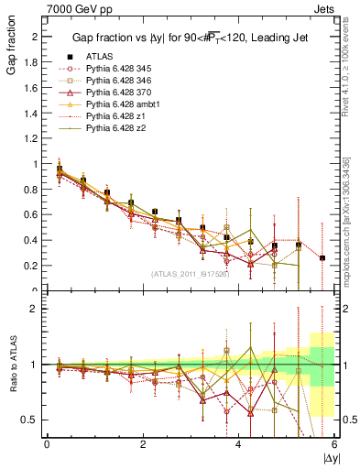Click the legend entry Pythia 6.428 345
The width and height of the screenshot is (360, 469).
click(x=116, y=68)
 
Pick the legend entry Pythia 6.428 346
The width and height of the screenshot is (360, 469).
click(x=116, y=80)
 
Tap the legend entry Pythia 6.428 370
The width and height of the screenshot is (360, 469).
click(x=116, y=92)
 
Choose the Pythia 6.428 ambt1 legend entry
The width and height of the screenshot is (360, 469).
click(x=119, y=104)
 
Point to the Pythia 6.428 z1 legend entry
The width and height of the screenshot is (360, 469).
click(x=114, y=115)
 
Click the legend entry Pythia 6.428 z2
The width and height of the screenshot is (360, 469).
click(x=114, y=127)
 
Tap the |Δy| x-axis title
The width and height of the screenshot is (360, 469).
click(x=330, y=455)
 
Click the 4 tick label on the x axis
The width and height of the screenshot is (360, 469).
click(x=239, y=443)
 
